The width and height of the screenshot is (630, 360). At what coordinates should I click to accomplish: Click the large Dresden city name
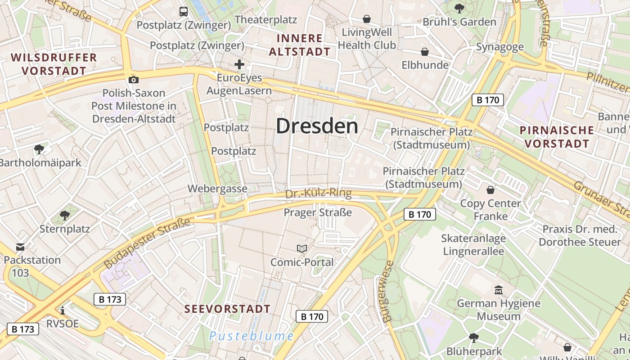tap(317, 126)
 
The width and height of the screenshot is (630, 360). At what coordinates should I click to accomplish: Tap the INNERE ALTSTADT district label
tap(300, 45)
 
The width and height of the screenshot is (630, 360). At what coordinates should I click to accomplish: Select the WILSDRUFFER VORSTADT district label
tap(54, 64)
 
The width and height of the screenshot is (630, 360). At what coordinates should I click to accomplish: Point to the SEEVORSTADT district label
tap(228, 309)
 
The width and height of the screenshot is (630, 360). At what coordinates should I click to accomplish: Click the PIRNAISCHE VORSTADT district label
tap(557, 137)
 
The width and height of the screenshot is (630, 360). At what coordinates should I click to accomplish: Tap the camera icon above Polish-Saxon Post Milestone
tap(133, 80)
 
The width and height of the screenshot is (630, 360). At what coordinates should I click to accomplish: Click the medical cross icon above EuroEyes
tap(239, 64)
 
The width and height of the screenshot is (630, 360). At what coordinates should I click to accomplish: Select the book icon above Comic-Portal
tap(302, 248)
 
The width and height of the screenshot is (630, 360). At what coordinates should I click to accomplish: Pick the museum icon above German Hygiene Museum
tap(498, 290)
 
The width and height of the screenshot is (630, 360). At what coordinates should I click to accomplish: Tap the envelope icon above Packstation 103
tap(20, 247)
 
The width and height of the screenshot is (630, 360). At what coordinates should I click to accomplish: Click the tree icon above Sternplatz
tap(65, 215)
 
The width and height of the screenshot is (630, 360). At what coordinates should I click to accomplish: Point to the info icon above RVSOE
tap(63, 310)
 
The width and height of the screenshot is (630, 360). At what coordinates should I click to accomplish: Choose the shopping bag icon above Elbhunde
tap(424, 52)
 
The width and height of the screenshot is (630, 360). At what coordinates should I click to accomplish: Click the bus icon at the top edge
tap(184, 12)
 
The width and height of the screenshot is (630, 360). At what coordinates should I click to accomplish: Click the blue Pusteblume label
tap(252, 336)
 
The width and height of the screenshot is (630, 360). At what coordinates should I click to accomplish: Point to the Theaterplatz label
tap(265, 20)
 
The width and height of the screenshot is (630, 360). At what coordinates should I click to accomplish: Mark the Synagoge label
tap(499, 47)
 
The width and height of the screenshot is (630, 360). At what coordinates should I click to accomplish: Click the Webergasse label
tap(217, 189)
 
